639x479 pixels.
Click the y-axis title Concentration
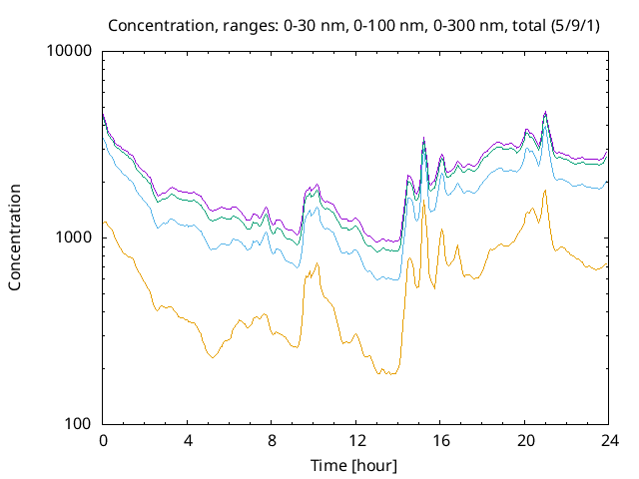tap(15, 237)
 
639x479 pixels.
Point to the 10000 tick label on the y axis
tap(69, 52)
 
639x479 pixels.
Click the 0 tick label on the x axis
tap(103, 440)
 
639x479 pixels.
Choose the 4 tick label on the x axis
tap(188, 440)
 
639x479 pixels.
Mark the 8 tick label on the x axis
tap(272, 440)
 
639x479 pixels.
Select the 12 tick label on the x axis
tap(355, 440)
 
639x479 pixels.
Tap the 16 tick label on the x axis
tap(439, 440)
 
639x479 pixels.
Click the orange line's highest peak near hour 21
tap(545, 190)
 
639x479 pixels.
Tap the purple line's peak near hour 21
tap(545, 112)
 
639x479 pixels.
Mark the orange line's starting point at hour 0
tap(104, 222)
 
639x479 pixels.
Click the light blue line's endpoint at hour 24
tap(607, 182)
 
